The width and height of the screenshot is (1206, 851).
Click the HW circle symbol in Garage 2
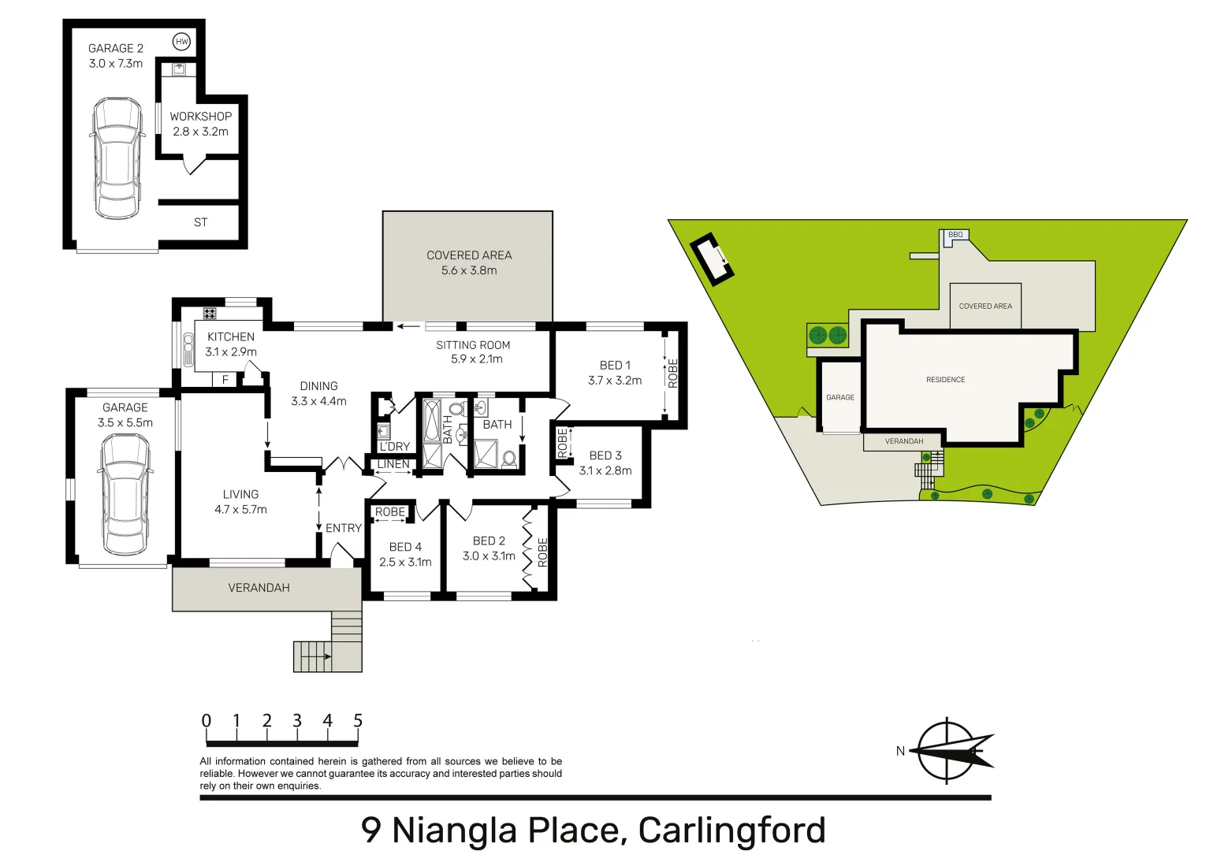pos(182,42)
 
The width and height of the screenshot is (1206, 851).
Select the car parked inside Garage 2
pos(117,158)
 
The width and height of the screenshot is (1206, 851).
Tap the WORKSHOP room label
pos(200,117)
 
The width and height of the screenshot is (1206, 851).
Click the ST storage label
pos(200,222)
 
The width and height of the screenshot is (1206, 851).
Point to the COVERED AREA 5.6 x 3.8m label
pos(469,262)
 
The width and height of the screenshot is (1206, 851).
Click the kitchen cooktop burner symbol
pos(210,313)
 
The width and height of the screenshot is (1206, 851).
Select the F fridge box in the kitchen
pos(225,380)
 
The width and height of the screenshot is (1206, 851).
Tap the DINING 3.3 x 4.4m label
pos(318,393)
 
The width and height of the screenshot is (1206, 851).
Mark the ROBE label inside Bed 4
pos(390,512)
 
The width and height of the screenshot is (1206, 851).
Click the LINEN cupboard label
pos(393,464)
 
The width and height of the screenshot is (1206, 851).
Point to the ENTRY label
pos(344,528)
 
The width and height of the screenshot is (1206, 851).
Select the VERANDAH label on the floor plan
pos(259,588)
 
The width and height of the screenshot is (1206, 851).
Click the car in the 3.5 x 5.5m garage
pos(125,494)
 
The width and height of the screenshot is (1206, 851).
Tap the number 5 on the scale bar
pos(358,721)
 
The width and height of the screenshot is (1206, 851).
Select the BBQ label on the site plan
pos(955,235)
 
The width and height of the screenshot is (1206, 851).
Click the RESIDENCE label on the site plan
pos(945,380)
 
